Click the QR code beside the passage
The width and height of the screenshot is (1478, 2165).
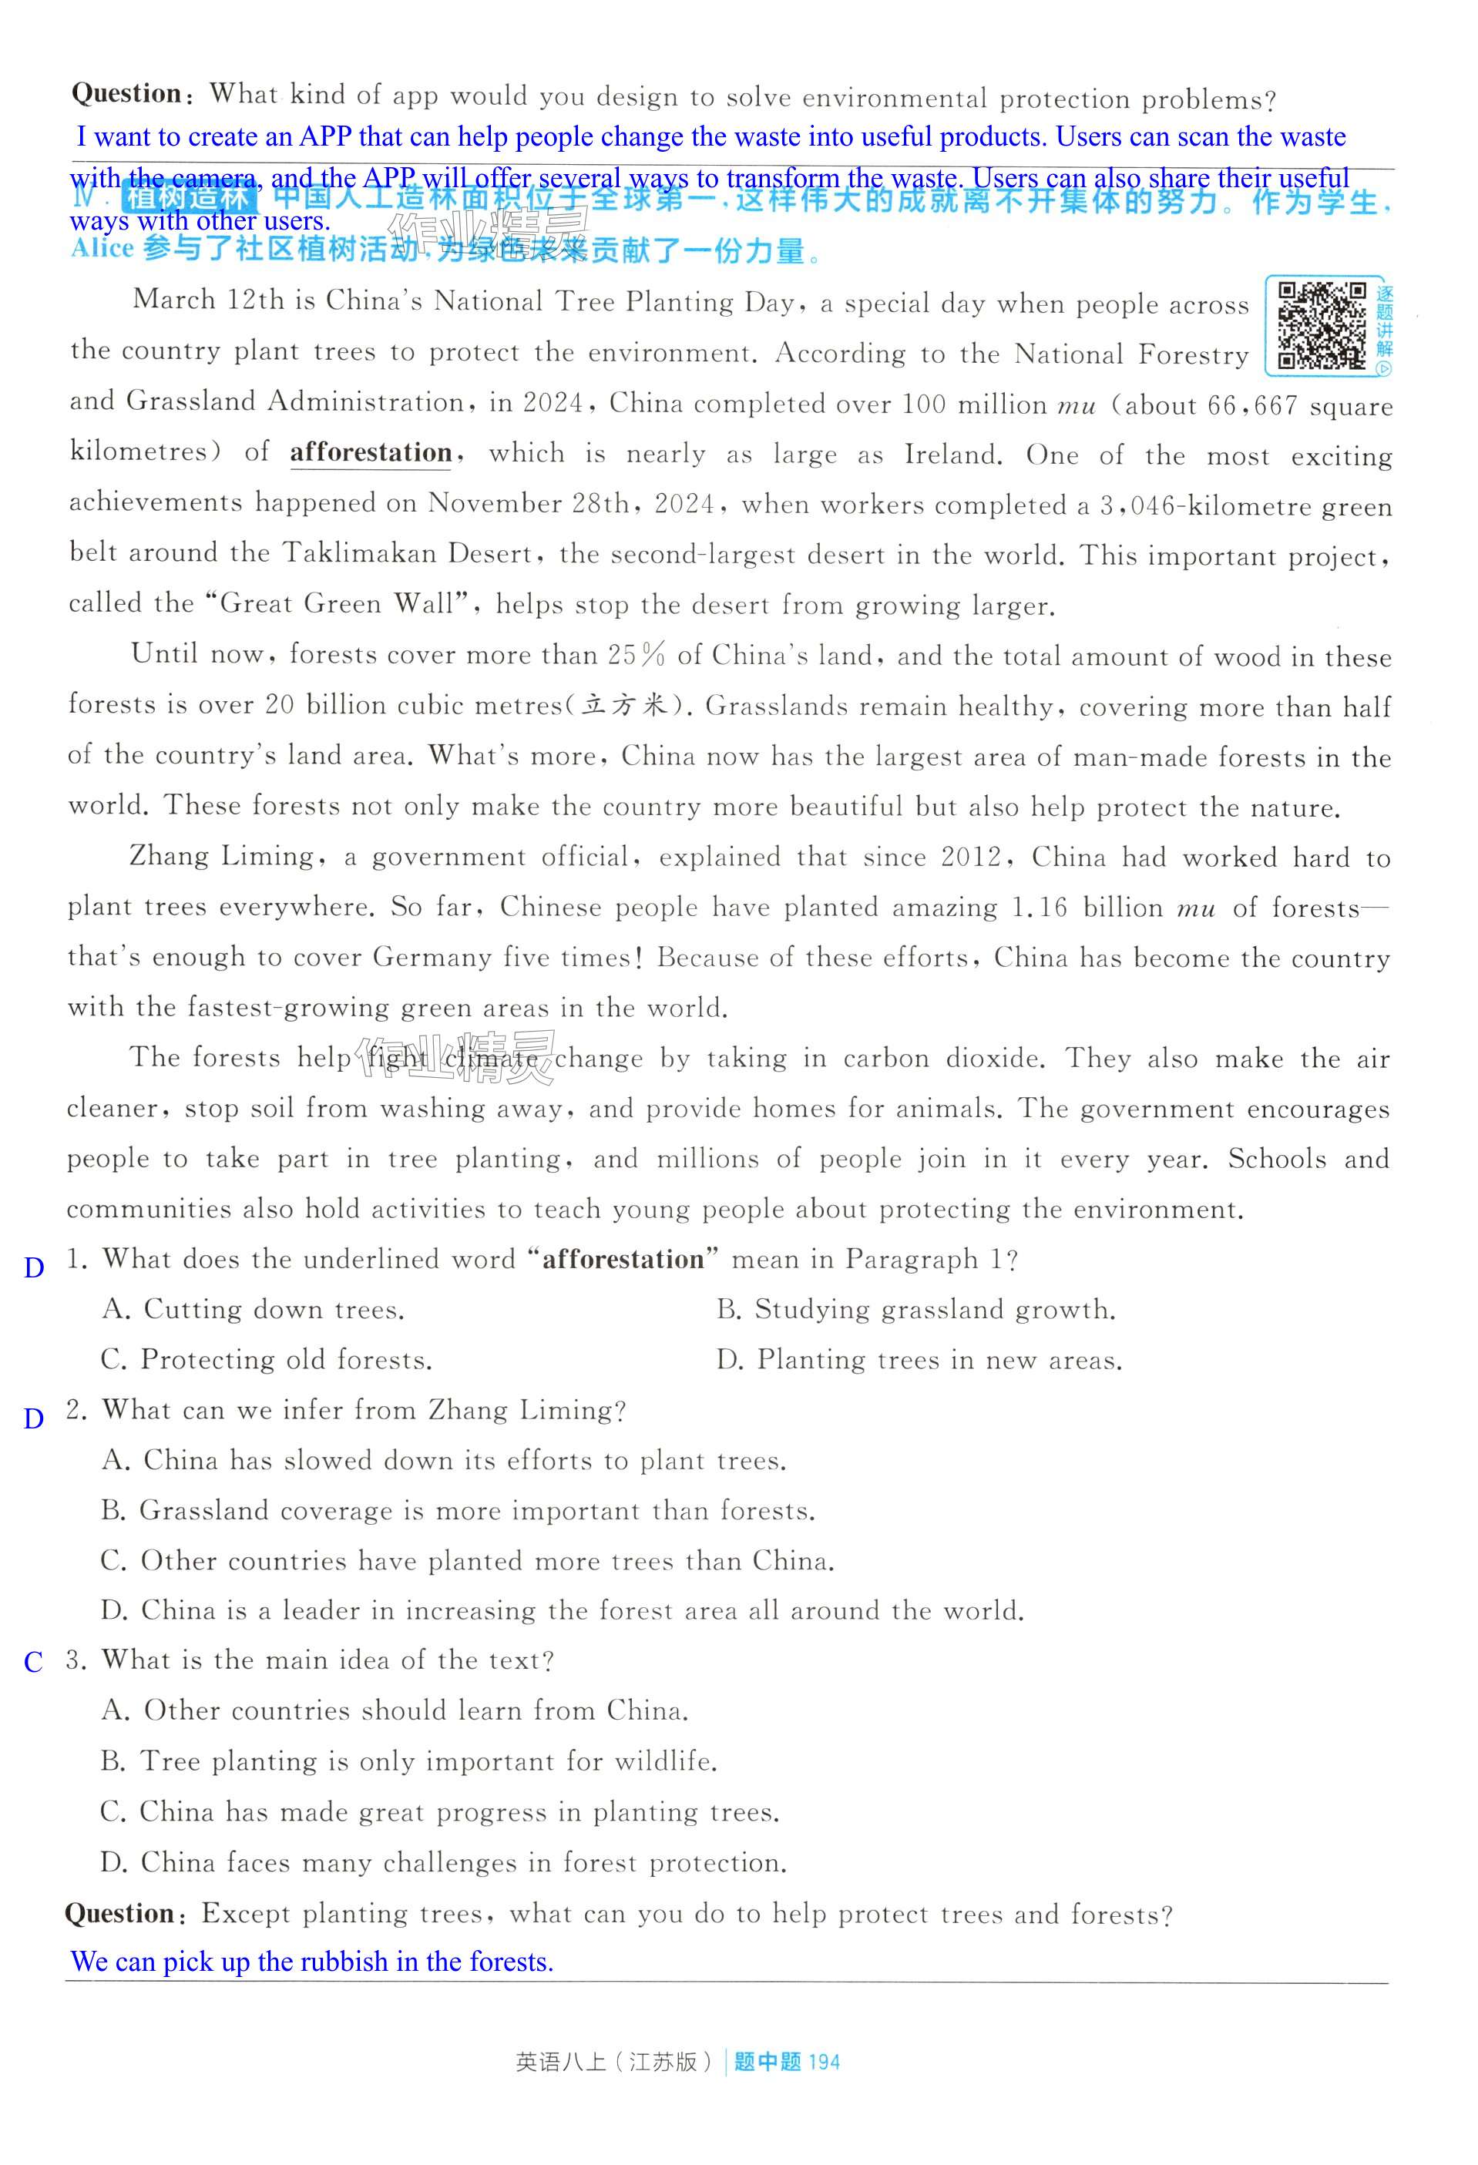[x=1321, y=325]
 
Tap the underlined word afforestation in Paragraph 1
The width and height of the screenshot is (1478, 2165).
[x=371, y=453]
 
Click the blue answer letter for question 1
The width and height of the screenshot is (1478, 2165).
[x=34, y=1268]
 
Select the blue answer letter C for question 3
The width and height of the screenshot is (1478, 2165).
[x=34, y=1662]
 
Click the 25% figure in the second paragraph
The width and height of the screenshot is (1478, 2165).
[x=637, y=655]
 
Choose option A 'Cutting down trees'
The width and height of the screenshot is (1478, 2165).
[x=254, y=1310]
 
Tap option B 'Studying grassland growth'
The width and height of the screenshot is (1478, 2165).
[x=916, y=1310]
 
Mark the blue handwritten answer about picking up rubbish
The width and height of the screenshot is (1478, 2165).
[x=312, y=1961]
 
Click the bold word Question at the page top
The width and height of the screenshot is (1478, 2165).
[x=126, y=93]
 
